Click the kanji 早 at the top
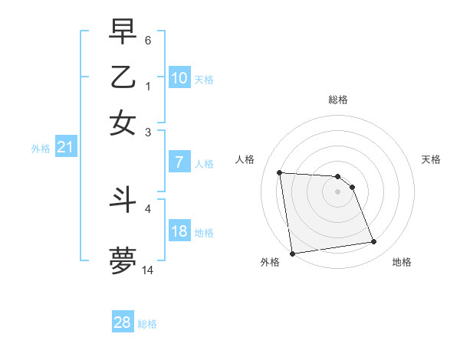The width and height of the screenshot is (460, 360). coord(123,32)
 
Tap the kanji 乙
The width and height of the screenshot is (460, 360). coord(123,77)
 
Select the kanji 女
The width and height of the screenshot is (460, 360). coord(123,123)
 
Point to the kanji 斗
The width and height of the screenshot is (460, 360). coord(123,200)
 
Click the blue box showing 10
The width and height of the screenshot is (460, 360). coord(179,78)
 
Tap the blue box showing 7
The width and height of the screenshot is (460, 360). coord(179,162)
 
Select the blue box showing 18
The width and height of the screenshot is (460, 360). coord(179,231)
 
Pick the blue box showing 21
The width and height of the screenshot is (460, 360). coord(65,148)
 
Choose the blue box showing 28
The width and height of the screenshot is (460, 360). coord(123,322)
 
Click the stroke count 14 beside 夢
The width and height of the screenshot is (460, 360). coord(148,270)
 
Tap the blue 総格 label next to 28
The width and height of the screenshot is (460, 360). coord(147,324)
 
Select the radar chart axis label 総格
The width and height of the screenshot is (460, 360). coord(338,100)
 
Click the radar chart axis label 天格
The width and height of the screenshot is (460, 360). coord(432,159)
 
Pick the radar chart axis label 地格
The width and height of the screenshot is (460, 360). coord(402,263)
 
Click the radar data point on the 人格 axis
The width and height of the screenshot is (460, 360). coord(280,172)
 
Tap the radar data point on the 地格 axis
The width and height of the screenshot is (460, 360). coord(373,242)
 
